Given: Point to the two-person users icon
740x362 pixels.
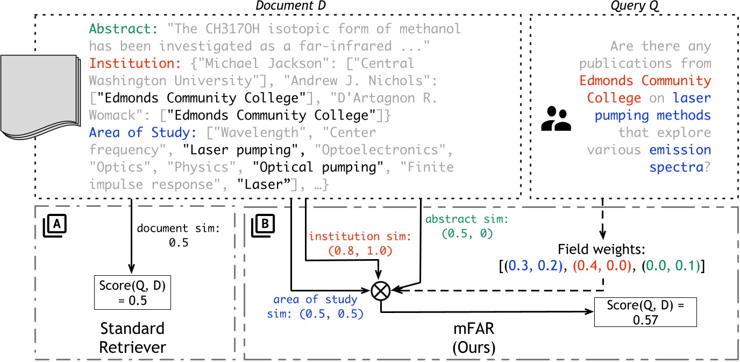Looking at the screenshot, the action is (556, 119).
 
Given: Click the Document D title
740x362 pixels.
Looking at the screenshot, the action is (291, 5).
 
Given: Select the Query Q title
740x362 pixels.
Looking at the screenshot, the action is (634, 5).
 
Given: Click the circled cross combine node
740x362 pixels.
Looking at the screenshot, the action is (381, 291).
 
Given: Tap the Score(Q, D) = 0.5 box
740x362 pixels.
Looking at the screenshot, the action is (132, 293).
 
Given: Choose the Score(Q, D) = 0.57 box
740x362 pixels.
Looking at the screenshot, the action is (645, 312).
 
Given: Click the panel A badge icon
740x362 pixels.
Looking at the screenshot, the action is (55, 225).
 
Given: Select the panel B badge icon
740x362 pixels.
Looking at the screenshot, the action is (263, 225).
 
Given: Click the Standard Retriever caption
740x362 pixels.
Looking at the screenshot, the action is (132, 338).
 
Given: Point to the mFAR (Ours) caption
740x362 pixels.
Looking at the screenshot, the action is (474, 338).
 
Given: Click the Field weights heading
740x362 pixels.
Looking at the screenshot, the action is (602, 249).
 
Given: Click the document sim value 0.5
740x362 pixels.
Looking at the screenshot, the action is (179, 242).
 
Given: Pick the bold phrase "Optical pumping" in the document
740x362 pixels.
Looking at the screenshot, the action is (318, 167).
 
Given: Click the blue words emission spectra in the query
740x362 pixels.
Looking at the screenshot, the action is (680, 158).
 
